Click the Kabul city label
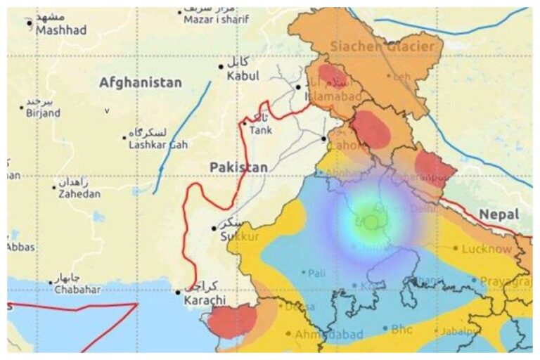(x=243, y=75)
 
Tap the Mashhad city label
(x=61, y=30)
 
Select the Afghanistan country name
(x=140, y=83)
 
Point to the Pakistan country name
(x=238, y=167)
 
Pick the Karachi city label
(x=205, y=300)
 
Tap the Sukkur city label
(x=240, y=237)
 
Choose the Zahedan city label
(x=79, y=194)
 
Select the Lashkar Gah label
(x=157, y=144)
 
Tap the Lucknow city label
(x=487, y=248)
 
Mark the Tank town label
(x=260, y=129)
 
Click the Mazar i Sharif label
(x=217, y=20)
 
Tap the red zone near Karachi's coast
(x=232, y=321)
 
